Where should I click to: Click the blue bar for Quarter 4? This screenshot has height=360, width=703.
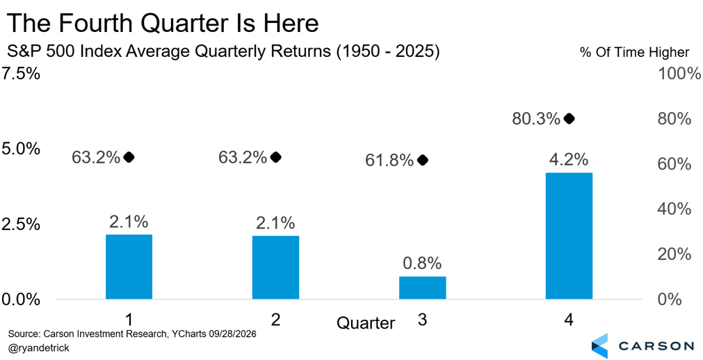(x=569, y=236)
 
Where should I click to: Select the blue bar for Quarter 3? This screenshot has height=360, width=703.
(x=422, y=288)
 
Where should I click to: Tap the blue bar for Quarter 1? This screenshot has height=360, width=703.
(x=129, y=267)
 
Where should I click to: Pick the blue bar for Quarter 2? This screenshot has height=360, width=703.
(x=276, y=267)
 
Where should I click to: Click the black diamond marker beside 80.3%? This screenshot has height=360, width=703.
(x=569, y=119)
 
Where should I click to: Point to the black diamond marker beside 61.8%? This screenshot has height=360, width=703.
(x=422, y=160)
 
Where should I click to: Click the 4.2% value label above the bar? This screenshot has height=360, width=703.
(x=569, y=160)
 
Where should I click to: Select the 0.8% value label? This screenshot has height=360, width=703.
(x=422, y=263)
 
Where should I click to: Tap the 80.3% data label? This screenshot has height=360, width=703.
(x=536, y=120)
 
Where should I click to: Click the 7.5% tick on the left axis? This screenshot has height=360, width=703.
(x=21, y=74)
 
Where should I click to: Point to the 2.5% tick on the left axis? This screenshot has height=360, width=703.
(x=21, y=224)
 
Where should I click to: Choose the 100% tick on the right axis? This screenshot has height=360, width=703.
(x=679, y=74)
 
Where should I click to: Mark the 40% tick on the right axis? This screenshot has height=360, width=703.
(x=674, y=209)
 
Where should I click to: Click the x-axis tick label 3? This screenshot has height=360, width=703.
(x=422, y=320)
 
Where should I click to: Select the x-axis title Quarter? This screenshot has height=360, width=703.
(x=366, y=322)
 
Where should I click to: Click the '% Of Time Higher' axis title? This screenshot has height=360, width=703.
(x=634, y=52)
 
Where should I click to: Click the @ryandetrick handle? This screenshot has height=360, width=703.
(x=39, y=348)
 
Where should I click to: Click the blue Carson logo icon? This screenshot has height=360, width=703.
(x=600, y=345)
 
